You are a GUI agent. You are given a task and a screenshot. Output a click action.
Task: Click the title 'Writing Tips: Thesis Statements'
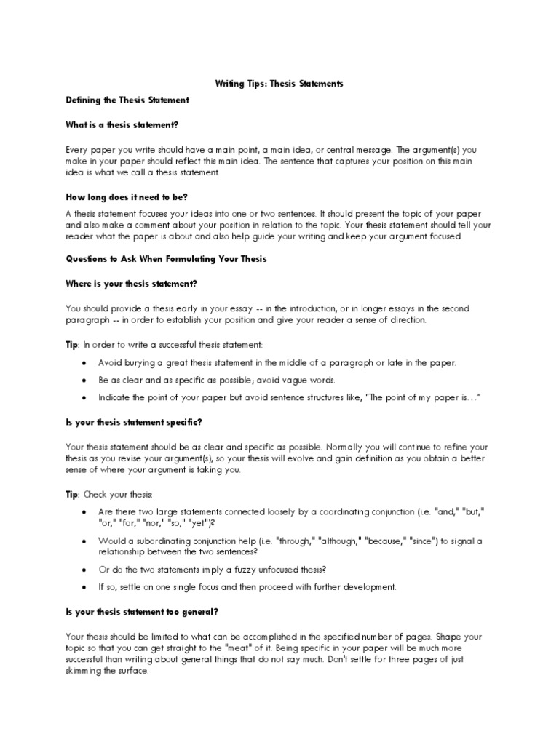(279, 84)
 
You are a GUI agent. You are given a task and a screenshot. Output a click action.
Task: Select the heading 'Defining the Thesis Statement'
(127, 100)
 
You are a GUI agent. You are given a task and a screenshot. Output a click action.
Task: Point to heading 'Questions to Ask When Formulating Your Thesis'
(167, 259)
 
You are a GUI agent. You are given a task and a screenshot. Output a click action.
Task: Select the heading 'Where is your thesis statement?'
(132, 283)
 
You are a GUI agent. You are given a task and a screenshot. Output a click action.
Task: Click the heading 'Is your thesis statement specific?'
(134, 422)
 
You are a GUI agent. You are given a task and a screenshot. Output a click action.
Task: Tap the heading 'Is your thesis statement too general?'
(140, 611)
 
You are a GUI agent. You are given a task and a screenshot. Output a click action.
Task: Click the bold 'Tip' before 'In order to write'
(72, 344)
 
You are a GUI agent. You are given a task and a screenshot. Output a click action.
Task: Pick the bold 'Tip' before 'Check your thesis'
(72, 495)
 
